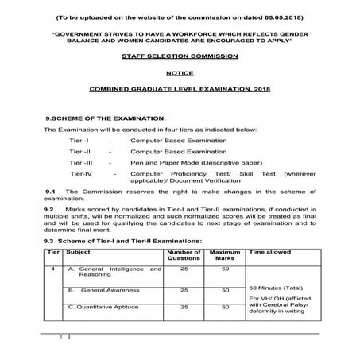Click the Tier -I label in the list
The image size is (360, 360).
pos(80,140)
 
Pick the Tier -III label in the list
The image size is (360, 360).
pos(82,161)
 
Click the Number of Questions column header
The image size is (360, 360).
pos(184,255)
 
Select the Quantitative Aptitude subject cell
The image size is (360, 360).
pos(112,306)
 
